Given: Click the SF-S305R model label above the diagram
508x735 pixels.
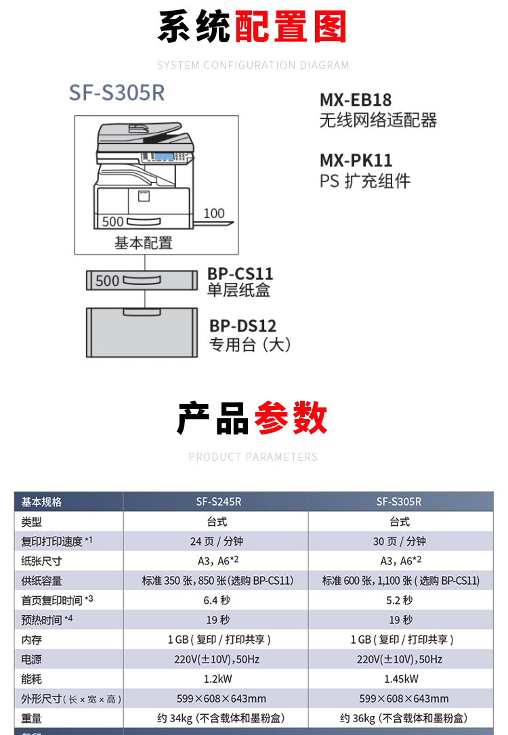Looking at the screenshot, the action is [117, 93].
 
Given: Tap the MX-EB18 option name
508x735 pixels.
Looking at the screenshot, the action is [356, 100].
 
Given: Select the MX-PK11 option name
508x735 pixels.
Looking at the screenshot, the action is [356, 161].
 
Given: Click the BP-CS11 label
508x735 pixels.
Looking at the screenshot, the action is [240, 274].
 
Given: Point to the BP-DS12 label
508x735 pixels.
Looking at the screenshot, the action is [242, 326].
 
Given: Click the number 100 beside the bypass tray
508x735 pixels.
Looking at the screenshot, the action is [214, 213].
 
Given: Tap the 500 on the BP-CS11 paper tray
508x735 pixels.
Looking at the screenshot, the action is [108, 280].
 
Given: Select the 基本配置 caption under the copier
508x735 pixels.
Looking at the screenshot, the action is [143, 242].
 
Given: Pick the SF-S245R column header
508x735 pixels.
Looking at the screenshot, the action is [216, 502].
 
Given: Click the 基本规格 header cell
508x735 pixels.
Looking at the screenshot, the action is [42, 502].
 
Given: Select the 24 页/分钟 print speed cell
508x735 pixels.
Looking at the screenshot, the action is [216, 541].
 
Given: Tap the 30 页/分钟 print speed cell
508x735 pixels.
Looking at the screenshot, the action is [400, 541].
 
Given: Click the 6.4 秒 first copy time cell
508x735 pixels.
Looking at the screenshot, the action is [216, 600].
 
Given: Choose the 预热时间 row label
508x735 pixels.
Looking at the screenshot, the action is [42, 620].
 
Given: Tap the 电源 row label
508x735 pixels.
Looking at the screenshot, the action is [32, 659].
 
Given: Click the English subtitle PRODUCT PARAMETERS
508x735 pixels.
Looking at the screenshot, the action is [253, 457].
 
